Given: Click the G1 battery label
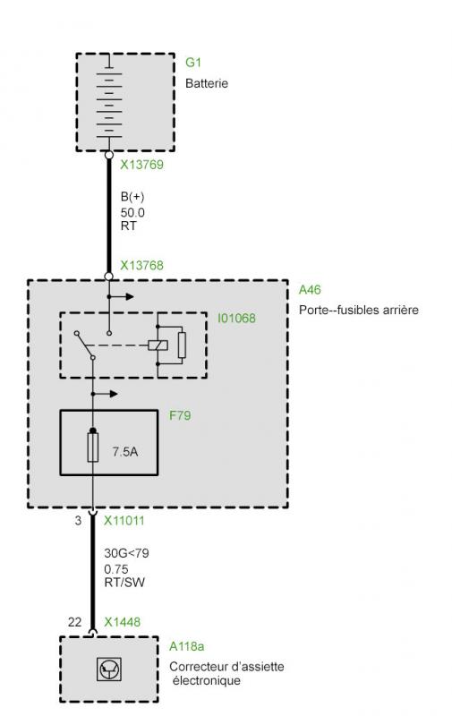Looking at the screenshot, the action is tap(193, 62).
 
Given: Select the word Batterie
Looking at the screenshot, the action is tap(207, 83).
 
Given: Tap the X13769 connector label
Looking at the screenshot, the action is tap(141, 165).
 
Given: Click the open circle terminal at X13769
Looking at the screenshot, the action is tap(108, 155).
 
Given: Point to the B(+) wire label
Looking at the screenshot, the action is tap(132, 197).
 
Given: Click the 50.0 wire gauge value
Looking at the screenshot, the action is tap(132, 213).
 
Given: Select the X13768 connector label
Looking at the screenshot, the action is tap(141, 265).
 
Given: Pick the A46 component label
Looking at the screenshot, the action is tap(310, 290).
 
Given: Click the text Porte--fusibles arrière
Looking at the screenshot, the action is tap(359, 310).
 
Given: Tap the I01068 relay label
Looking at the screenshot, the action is tap(236, 318).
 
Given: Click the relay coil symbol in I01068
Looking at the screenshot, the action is tap(158, 345).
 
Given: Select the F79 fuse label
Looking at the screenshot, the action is tap(180, 415).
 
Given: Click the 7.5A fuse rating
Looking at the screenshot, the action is tap(125, 452).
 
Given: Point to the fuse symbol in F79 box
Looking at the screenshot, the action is tap(93, 447).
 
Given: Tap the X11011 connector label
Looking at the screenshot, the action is tap(124, 521).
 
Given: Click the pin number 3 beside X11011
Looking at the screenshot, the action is tap(78, 521).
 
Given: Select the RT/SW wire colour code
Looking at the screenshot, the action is tap(124, 583).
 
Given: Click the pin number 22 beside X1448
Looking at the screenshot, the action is tap(75, 622).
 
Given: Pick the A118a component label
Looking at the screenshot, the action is tap(187, 646).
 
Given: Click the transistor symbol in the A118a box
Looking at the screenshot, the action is tap(109, 669).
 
